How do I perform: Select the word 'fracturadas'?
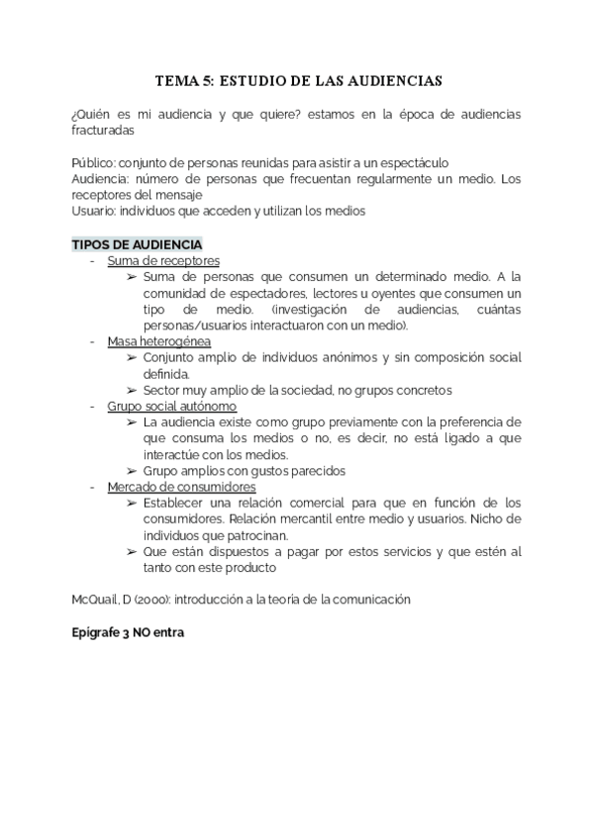(104, 130)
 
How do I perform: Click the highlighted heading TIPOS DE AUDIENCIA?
(138, 244)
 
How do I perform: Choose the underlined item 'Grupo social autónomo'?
(172, 406)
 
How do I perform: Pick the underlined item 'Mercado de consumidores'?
(182, 487)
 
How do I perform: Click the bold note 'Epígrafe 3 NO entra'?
(129, 632)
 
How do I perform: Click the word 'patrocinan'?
(251, 534)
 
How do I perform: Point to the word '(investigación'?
(308, 309)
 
